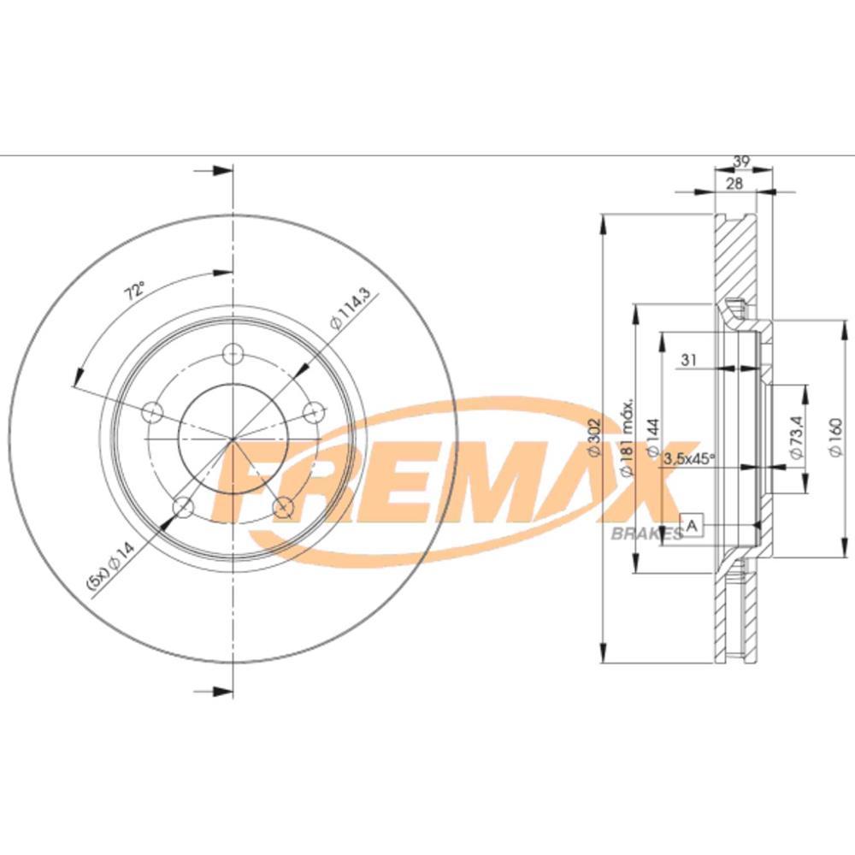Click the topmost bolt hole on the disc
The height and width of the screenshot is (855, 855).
[233, 353]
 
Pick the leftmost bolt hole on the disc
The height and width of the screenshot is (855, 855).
[152, 412]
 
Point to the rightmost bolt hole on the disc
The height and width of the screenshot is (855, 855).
[314, 412]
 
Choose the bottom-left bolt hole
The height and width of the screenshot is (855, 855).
[183, 508]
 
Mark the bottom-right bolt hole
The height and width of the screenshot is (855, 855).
[283, 508]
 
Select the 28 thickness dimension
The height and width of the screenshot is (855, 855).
[734, 183]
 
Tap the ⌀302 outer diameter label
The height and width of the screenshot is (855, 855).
[595, 435]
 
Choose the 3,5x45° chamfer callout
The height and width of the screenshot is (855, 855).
[689, 458]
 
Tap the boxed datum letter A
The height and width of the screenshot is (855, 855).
[692, 524]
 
